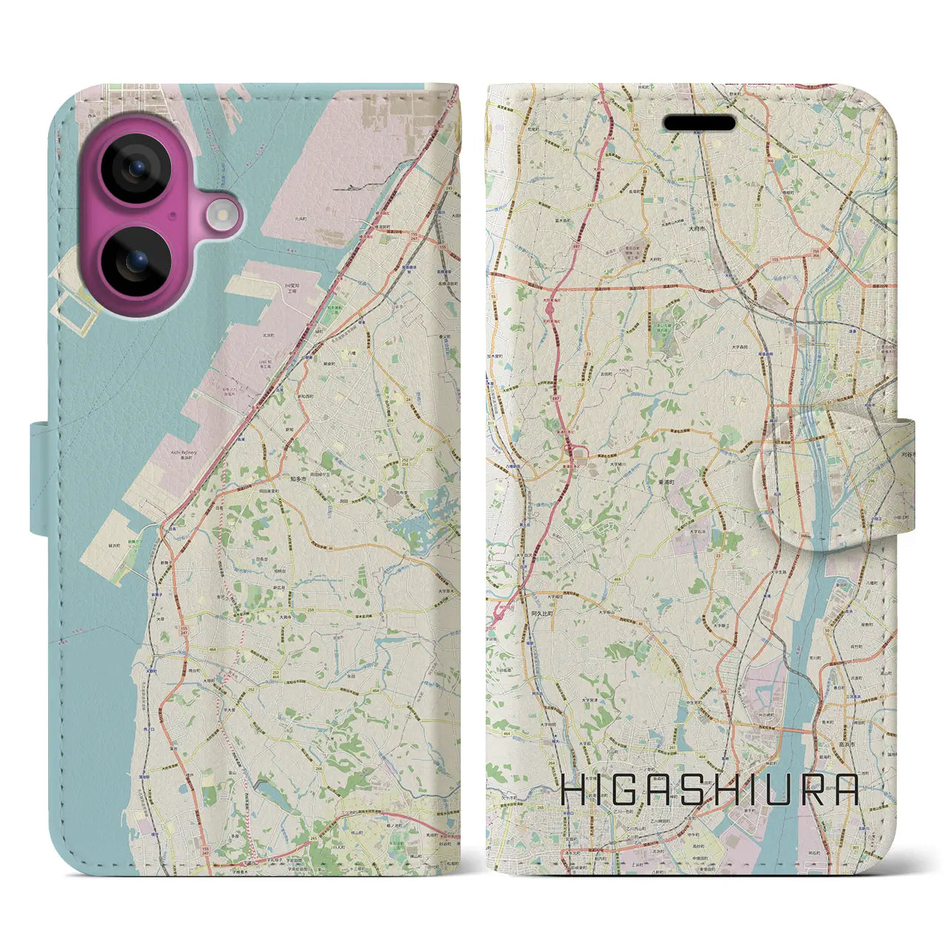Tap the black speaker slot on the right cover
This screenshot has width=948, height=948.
click(699, 123)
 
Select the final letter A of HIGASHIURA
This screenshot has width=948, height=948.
click(844, 791)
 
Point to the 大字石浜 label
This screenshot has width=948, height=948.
click(698, 531)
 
